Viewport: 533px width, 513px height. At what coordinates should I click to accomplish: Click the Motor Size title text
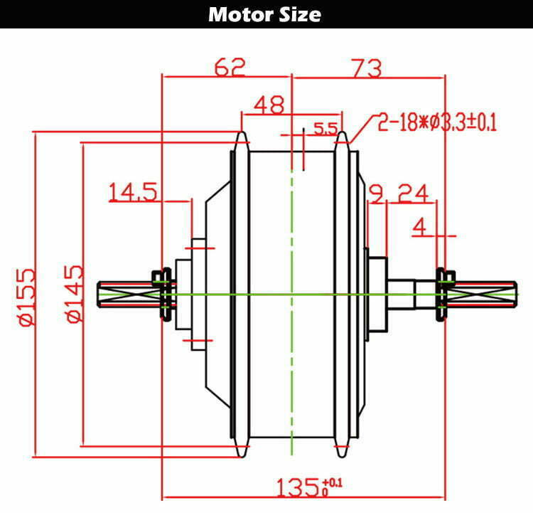click(264, 15)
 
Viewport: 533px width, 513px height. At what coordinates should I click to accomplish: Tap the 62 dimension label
click(230, 67)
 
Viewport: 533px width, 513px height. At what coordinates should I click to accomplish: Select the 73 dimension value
click(367, 68)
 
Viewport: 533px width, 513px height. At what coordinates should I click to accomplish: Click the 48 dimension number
click(269, 105)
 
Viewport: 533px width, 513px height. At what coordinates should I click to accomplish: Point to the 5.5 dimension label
click(325, 128)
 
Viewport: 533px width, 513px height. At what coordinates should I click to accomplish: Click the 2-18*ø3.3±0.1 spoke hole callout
click(437, 122)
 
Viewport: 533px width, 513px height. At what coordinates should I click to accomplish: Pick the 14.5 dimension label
click(133, 191)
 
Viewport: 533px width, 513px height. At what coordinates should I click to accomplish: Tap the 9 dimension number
click(376, 194)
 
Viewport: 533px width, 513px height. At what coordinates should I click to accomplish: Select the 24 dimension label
click(413, 194)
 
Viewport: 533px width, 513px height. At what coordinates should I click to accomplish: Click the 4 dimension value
click(419, 227)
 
